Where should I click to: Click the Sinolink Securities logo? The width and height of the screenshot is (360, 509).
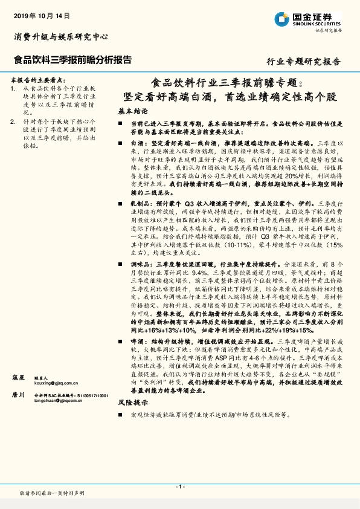pos(315,20)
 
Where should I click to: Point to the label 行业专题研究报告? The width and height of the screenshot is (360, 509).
pos(303,62)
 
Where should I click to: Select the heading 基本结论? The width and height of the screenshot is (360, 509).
pos(133,112)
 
